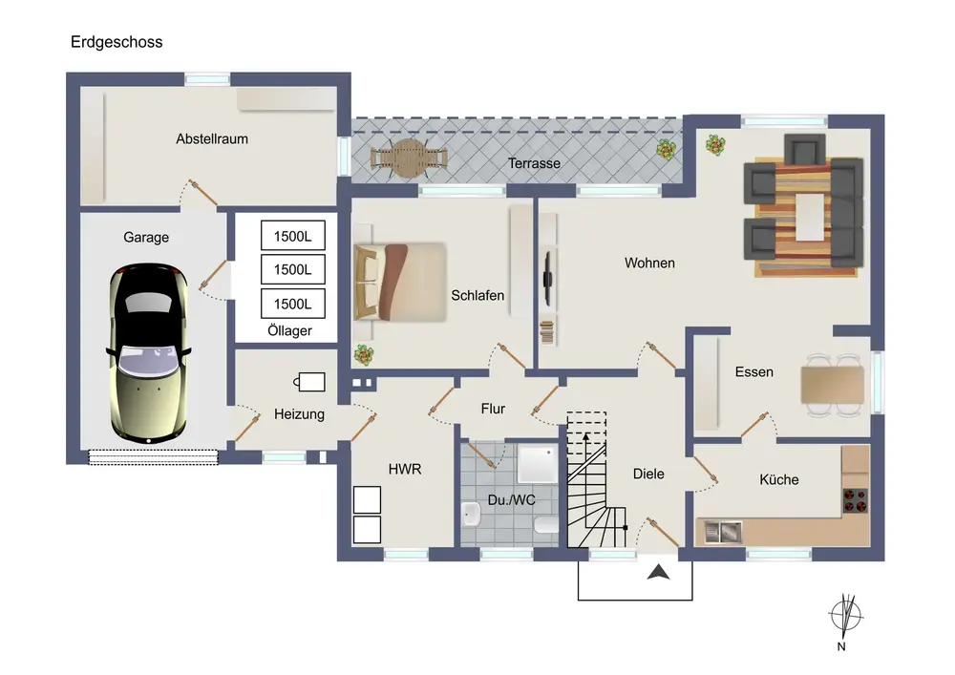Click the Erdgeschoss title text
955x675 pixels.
[117, 42]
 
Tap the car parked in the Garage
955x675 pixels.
[151, 352]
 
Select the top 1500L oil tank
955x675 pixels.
[293, 236]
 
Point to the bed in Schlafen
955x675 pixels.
[399, 282]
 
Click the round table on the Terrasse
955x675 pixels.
[410, 158]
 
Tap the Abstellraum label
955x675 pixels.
[212, 138]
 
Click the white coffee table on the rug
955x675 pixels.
[809, 218]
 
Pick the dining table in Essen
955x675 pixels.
[833, 385]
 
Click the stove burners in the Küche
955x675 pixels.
[857, 498]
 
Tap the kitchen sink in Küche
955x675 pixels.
[722, 530]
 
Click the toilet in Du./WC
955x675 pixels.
[547, 524]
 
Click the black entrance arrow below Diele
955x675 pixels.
[658, 572]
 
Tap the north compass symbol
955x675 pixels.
[843, 615]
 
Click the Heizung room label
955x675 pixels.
[299, 414]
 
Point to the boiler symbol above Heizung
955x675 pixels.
[310, 381]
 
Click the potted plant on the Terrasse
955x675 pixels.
[665, 149]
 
